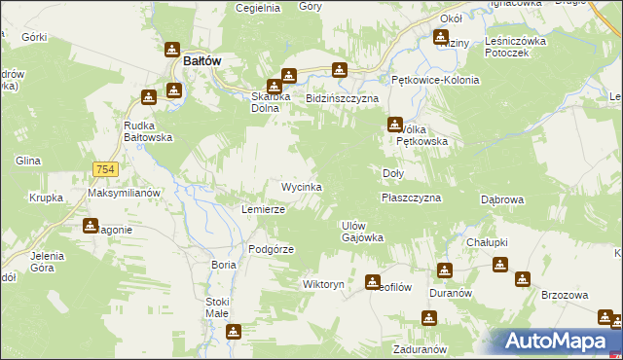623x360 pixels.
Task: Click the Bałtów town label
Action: click(x=202, y=60)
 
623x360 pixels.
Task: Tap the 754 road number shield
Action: click(x=106, y=170)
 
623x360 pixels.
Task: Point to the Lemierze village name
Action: click(x=263, y=209)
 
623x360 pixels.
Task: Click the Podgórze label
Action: click(x=271, y=248)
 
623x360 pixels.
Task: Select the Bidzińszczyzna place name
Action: click(x=342, y=99)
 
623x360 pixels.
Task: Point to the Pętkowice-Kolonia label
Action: click(x=435, y=80)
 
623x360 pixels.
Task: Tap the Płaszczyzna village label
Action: click(x=411, y=198)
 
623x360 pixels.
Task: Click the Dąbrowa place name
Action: click(x=503, y=199)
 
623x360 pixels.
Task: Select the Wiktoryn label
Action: click(x=323, y=285)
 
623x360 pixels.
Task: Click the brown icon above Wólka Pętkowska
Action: click(x=395, y=124)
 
